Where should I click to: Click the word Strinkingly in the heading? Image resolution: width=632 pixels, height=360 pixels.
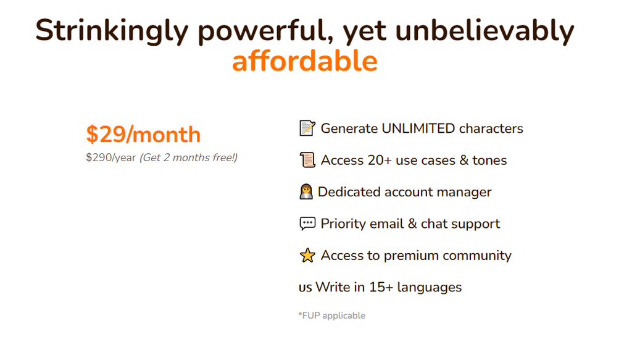(112, 31)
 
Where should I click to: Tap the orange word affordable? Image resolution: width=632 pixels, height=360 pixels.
(305, 61)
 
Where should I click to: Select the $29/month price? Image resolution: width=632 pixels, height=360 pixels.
(143, 134)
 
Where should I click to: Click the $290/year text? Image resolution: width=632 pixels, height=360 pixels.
(111, 157)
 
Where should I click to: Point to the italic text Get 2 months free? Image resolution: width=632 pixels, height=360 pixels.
(189, 157)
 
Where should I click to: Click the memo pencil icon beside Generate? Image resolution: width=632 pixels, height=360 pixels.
(307, 128)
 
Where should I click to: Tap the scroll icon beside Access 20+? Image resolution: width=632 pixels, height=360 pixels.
(307, 160)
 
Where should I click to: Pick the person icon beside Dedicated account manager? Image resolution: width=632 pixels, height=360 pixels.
(306, 191)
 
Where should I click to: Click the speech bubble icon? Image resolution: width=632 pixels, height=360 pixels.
(307, 224)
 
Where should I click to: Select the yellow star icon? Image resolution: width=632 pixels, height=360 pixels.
(307, 255)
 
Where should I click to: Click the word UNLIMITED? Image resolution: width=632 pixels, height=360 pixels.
(418, 128)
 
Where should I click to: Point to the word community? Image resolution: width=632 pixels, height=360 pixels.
(477, 256)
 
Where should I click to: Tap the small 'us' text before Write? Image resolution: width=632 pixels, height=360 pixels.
(305, 287)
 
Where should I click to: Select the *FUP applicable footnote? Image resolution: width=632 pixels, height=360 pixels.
(331, 316)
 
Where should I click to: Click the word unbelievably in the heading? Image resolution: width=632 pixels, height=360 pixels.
(484, 31)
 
